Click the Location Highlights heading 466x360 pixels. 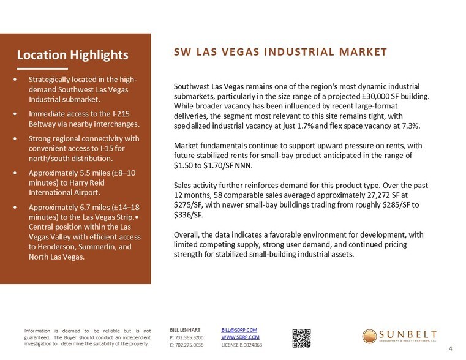(x=72, y=54)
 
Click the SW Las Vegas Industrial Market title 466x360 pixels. (x=280, y=52)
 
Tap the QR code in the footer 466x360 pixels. (x=301, y=337)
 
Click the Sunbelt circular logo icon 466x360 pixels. (x=370, y=337)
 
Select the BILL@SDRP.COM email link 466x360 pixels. (x=239, y=330)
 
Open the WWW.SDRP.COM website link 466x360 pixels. (x=240, y=337)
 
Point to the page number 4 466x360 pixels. (x=450, y=349)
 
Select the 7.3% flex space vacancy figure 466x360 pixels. (x=410, y=126)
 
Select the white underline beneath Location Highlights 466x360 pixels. (x=42, y=68)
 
